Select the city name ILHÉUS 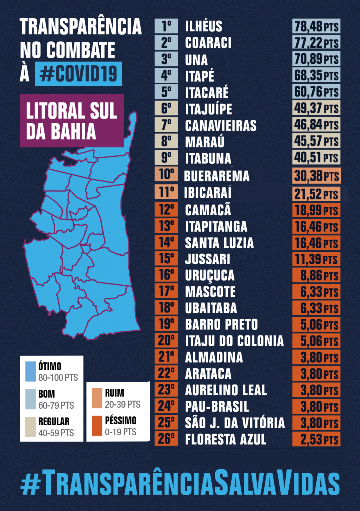tap(204, 26)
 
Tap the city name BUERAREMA tap(216, 176)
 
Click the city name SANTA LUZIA tap(219, 243)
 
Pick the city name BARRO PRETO tap(221, 325)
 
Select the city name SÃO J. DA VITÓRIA tap(235, 423)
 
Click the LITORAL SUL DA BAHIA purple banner tap(71, 121)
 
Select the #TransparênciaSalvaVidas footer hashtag tap(180, 483)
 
